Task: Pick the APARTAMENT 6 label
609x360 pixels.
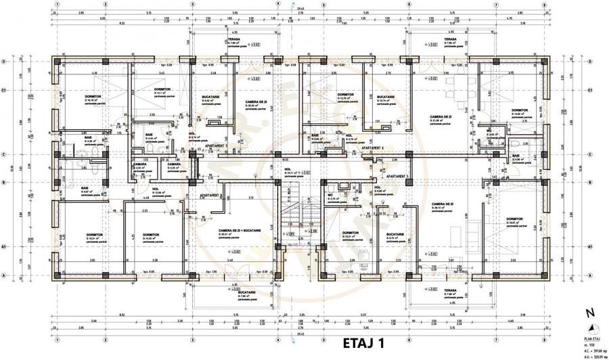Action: (371, 147)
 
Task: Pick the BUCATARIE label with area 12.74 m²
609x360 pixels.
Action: (386, 97)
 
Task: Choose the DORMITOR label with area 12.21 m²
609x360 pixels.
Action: (351, 233)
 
